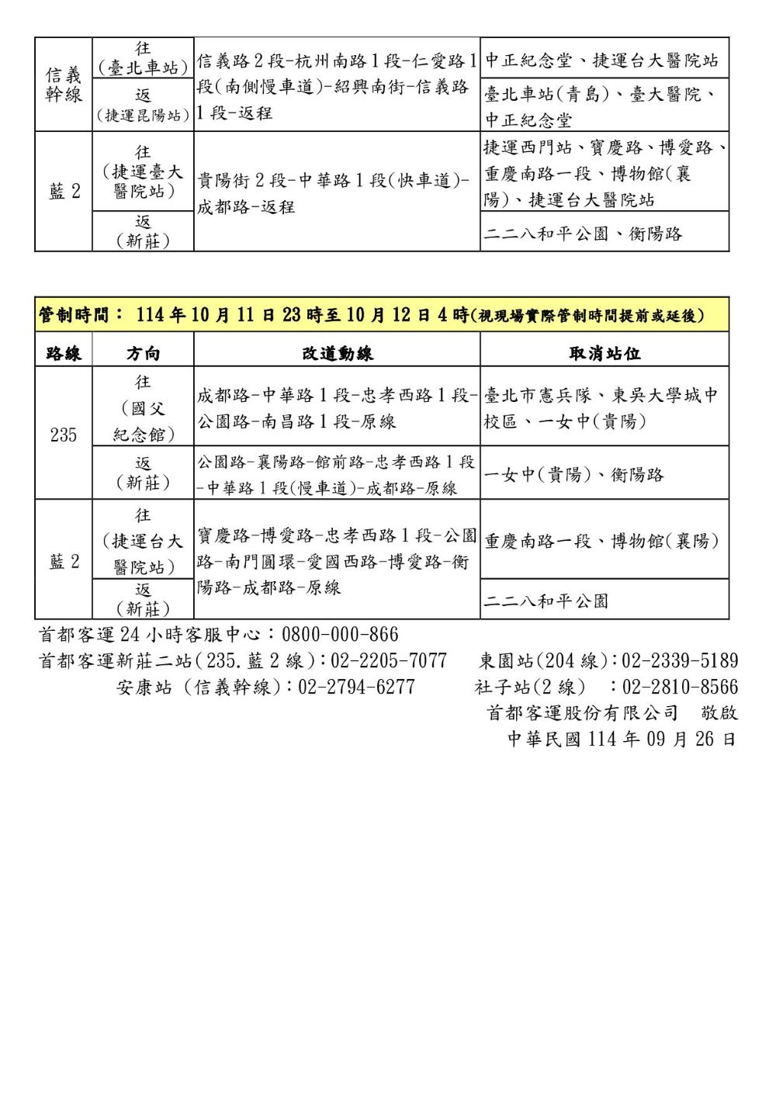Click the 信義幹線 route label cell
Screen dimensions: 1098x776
pos(64,85)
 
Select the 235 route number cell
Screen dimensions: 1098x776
pos(64,434)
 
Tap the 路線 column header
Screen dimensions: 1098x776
pos(64,354)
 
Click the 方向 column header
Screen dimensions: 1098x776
pos(143,354)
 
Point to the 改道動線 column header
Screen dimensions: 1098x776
pos(337,354)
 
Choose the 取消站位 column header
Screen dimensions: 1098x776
pos(605,354)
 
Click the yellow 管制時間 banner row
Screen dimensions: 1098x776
pos(382,315)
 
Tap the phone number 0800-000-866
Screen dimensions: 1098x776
pos(340,635)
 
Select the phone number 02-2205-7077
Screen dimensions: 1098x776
pos(389,660)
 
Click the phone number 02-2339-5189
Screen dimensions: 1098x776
pos(680,660)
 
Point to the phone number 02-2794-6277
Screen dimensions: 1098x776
pos(356,687)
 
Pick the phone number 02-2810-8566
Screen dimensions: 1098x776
pos(680,687)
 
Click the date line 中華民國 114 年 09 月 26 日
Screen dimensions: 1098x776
pos(622,739)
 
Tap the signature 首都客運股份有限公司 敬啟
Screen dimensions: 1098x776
pos(611,712)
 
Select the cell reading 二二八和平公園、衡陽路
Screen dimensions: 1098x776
pos(583,233)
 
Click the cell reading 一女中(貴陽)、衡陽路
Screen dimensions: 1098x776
pos(574,474)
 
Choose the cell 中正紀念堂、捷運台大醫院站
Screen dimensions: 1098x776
pos(601,60)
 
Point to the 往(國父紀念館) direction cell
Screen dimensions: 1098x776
pos(143,408)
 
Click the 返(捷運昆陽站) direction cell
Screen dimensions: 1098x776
pos(143,106)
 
